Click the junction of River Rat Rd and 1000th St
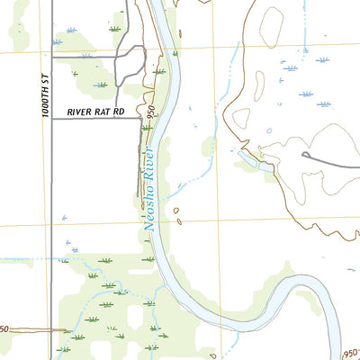(x=51, y=118)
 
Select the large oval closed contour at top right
(x=272, y=27)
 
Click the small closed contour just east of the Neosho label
(x=176, y=214)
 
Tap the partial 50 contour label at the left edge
(x=4, y=329)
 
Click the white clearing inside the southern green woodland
(x=136, y=317)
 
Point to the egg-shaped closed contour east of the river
(x=242, y=117)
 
